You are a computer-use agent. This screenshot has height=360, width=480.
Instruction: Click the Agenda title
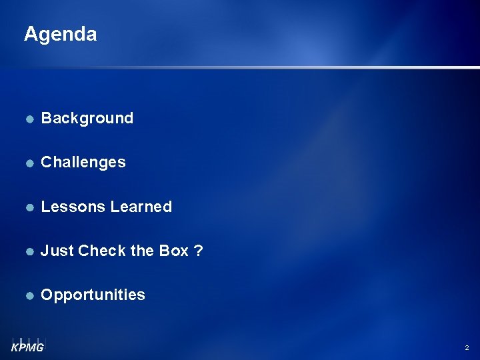pos(60,34)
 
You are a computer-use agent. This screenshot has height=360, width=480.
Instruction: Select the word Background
pos(87,118)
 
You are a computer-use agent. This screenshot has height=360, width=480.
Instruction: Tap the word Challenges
pos(83,162)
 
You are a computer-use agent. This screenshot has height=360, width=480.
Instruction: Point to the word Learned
pos(141,207)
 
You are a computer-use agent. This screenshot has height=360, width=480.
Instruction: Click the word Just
pos(57,251)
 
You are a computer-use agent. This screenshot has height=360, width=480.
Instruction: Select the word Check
pos(98,251)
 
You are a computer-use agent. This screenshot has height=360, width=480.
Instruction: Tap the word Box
pos(174,251)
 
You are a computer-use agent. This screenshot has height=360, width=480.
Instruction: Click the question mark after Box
pos(199,251)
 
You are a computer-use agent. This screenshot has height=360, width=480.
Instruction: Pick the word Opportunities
pos(93,295)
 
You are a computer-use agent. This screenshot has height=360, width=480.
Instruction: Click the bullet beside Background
pos(29,119)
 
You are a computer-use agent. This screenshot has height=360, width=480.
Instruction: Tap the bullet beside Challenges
pos(29,163)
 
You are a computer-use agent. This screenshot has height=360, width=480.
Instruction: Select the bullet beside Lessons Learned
pos(29,207)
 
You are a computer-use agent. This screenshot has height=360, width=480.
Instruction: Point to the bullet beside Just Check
pos(29,251)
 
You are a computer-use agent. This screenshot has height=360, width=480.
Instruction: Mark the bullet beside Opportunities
pos(29,295)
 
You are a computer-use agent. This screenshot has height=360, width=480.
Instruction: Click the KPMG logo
pos(27,345)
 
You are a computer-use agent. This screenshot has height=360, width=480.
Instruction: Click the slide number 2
pos(466,348)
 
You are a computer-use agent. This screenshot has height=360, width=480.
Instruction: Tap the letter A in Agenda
pos(31,34)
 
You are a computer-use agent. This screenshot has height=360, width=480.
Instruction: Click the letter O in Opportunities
pos(47,295)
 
